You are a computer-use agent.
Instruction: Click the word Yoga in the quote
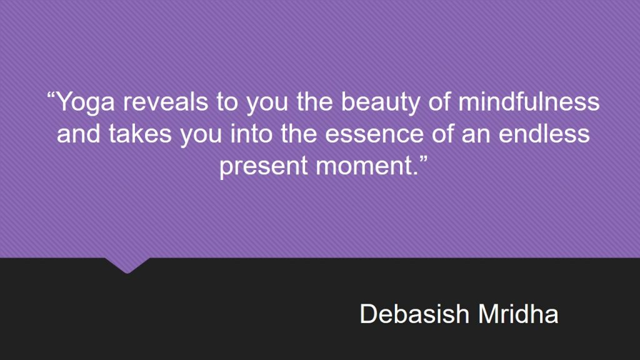point(85,102)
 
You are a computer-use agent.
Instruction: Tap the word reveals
point(165,102)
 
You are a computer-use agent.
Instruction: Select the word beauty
point(381,102)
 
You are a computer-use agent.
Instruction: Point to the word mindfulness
point(529,101)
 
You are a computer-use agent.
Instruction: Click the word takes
point(140,134)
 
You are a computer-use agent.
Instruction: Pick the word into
point(251,134)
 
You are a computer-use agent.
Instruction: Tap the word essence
point(374,135)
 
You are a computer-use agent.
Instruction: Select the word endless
point(544,134)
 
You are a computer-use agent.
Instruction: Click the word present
point(263,166)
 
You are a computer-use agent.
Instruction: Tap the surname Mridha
point(518,314)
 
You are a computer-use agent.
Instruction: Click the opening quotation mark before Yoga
point(51,96)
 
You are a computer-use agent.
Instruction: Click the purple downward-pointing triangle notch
point(127,265)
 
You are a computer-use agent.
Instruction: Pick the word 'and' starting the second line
point(78,134)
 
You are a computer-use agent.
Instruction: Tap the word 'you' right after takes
point(201,136)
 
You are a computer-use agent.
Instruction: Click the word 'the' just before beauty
point(315,102)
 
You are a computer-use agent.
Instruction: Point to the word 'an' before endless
point(476,136)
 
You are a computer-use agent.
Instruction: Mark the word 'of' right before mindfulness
point(439,102)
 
